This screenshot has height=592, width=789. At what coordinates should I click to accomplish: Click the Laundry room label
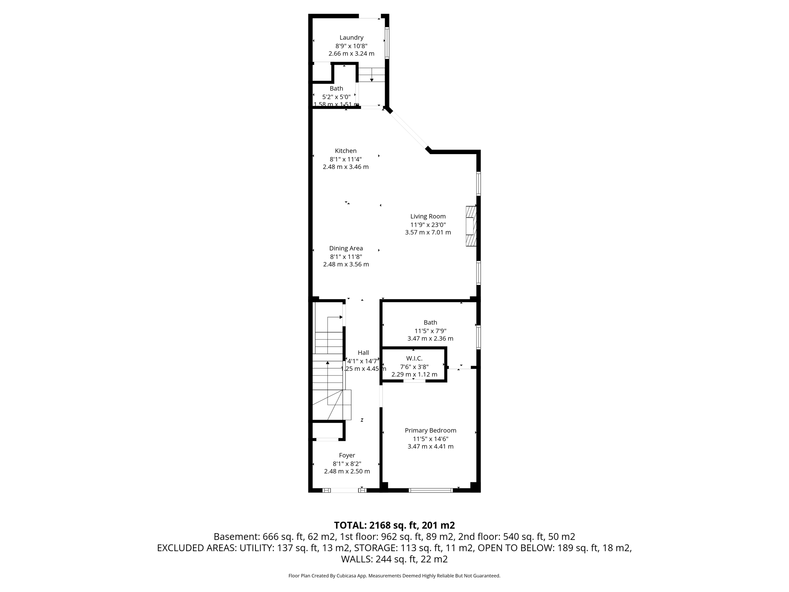tap(351, 37)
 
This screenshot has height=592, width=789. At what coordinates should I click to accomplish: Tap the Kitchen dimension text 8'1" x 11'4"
tap(345, 159)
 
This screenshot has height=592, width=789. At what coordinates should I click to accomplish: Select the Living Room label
tap(428, 216)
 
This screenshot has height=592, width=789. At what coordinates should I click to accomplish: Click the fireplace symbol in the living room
tap(471, 226)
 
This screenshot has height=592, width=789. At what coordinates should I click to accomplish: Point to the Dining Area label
tap(346, 248)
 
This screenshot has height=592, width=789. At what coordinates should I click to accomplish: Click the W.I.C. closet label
tap(414, 358)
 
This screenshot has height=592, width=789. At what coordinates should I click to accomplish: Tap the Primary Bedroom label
tap(430, 430)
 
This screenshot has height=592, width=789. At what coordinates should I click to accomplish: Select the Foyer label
tap(347, 455)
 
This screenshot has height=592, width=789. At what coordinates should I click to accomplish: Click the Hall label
tap(363, 352)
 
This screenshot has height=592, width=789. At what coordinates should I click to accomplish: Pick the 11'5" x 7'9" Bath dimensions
tap(430, 331)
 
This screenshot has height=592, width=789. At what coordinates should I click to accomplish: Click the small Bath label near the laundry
tap(336, 88)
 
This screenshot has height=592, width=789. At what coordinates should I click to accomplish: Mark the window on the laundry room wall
tap(387, 42)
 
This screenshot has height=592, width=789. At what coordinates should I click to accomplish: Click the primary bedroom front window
tap(430, 490)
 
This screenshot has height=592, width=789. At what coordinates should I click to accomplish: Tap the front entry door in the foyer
tap(344, 490)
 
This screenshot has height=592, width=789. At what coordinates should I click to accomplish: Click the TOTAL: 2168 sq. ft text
tap(394, 525)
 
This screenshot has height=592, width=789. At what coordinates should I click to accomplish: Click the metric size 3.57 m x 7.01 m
tap(428, 232)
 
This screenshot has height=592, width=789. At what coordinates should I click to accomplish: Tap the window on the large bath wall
tap(478, 337)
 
